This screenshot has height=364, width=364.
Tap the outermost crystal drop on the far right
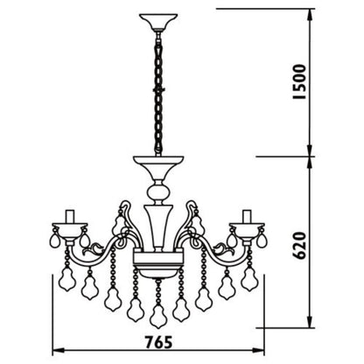click(x=263, y=238)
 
